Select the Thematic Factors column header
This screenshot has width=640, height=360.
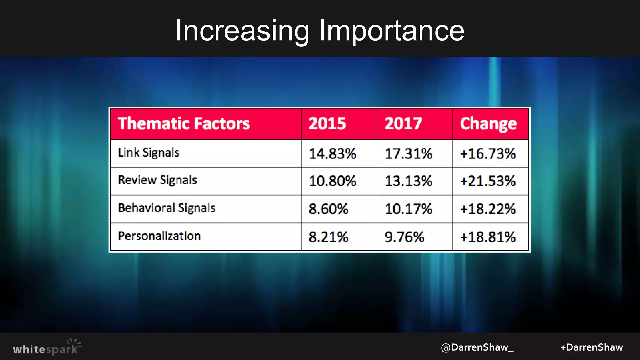[184, 123]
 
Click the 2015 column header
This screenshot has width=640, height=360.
[327, 123]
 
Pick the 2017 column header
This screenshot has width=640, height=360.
[403, 123]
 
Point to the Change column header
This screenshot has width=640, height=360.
[488, 123]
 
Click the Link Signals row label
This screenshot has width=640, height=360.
[149, 153]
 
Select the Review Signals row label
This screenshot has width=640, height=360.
[157, 180]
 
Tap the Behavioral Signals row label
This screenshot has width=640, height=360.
[167, 208]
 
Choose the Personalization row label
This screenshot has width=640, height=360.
[159, 236]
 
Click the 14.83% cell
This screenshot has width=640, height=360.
[332, 154]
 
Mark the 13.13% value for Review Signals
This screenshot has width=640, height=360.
[408, 181]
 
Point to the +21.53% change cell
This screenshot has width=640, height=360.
[488, 181]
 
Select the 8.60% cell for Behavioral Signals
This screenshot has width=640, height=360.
[328, 209]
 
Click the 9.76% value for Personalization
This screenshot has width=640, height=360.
[404, 237]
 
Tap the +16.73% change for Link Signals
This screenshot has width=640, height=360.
[488, 154]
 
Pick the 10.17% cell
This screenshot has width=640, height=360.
[408, 209]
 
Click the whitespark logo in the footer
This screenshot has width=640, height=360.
[47, 347]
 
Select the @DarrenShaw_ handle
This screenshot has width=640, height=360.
[477, 347]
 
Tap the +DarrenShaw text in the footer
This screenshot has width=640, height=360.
[592, 347]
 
